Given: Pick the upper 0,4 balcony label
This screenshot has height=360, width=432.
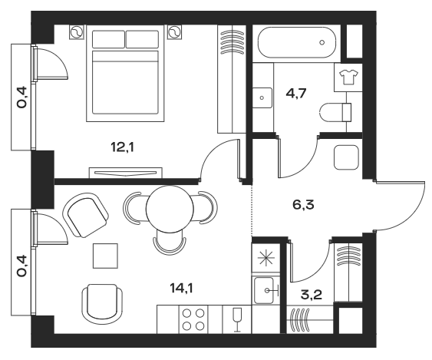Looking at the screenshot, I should [x=23, y=97].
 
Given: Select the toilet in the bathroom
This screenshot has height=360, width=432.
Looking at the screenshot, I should [x=336, y=111].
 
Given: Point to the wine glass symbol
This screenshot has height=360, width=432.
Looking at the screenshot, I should [x=236, y=318].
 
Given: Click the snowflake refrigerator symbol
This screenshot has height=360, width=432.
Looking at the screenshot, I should [x=265, y=256].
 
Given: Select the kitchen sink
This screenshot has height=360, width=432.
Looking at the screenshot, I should [x=266, y=291].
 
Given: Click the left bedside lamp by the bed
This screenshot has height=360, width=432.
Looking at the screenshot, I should [x=77, y=32].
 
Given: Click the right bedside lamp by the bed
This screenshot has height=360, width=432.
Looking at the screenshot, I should [x=176, y=32].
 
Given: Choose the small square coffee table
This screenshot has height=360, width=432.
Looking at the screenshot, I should [x=106, y=254].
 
